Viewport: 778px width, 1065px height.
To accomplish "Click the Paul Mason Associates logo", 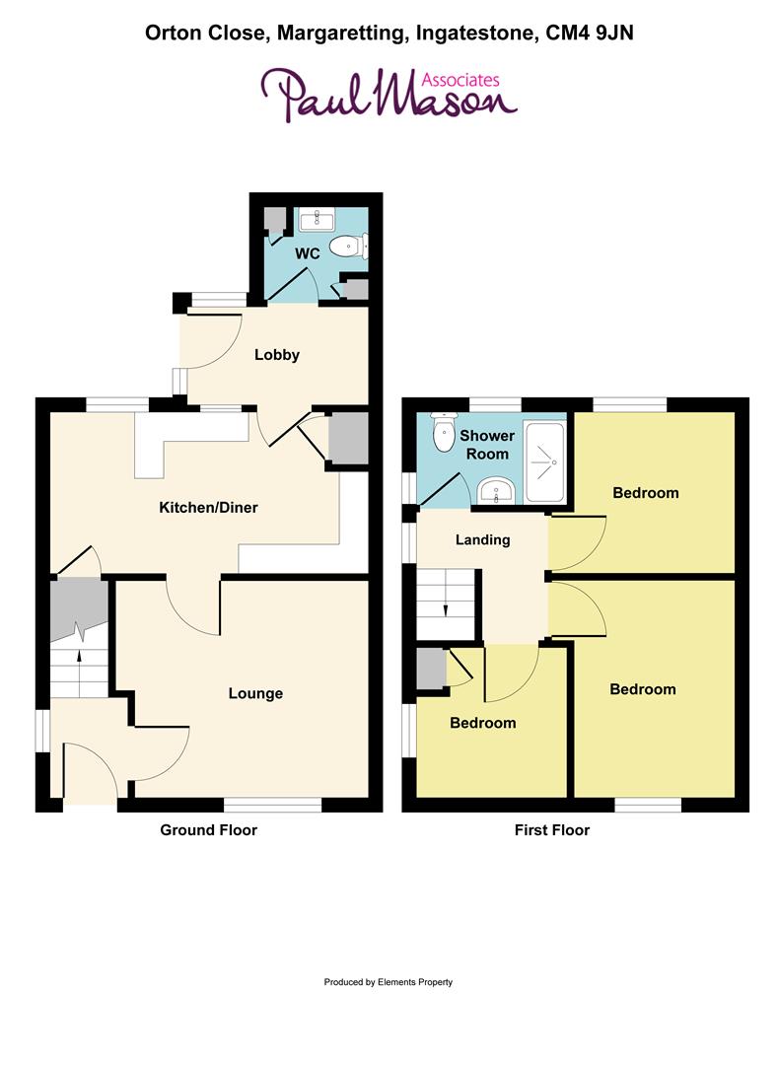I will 388,94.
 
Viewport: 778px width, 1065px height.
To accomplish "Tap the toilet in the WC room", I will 347,245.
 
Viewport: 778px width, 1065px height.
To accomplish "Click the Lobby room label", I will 276,355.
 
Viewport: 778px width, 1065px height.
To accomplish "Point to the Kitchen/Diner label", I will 208,508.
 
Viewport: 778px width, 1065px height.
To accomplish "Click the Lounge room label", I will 255,693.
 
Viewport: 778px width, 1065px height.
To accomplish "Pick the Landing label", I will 482,539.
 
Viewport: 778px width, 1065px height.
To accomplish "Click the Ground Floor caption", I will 208,830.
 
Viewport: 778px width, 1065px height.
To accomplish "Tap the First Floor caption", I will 551,830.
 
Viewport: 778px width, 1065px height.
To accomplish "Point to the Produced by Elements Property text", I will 388,982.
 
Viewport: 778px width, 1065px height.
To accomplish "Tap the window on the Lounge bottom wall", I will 273,805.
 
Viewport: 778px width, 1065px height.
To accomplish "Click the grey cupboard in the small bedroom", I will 430,668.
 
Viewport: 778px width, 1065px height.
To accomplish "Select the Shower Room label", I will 487,445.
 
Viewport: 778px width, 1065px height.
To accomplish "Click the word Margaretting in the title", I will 339,34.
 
